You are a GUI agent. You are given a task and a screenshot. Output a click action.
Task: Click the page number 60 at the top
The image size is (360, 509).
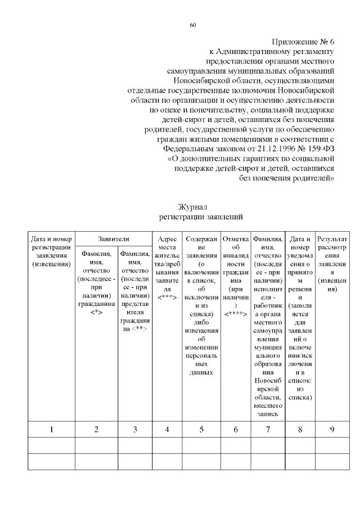[x=193, y=25]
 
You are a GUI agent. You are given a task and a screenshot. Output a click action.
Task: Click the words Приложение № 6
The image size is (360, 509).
[x=304, y=43]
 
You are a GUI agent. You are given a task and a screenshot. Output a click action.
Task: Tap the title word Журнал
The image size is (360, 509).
[x=192, y=207]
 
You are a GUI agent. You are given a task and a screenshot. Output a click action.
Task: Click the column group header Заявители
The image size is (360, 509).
[x=113, y=239]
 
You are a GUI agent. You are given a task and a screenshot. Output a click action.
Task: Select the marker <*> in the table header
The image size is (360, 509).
[x=96, y=313]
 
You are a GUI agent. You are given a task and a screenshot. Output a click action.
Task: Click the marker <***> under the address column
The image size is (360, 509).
[x=167, y=296]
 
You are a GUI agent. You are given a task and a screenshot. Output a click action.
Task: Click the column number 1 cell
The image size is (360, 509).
[x=51, y=430]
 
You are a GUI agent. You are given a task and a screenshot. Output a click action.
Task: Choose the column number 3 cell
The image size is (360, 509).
[x=134, y=430]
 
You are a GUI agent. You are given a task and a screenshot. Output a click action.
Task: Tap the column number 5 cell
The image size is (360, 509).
[x=201, y=430]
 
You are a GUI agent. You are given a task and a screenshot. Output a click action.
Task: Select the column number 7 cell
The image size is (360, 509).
[x=268, y=430]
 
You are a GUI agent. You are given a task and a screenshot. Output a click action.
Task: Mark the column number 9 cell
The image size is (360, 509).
[x=332, y=430]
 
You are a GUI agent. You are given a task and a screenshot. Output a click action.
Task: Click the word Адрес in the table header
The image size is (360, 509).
[x=167, y=239]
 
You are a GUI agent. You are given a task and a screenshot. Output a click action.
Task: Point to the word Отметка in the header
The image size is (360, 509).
[x=236, y=239]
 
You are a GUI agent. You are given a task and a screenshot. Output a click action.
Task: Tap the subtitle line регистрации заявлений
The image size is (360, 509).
[x=192, y=217]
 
